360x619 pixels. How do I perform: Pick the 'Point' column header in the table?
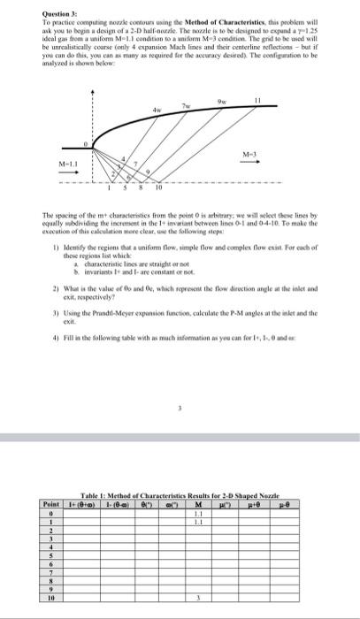(51, 502)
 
